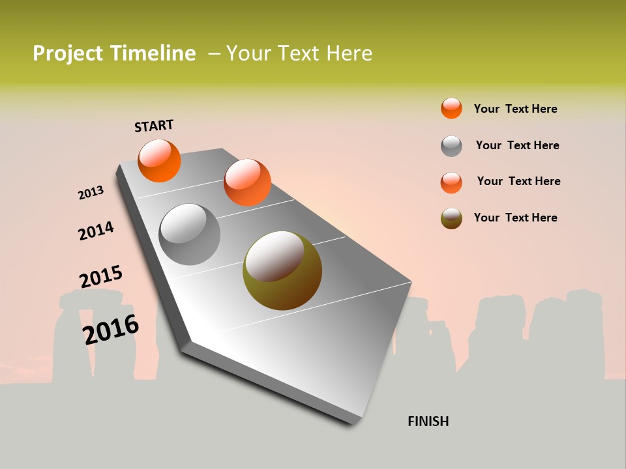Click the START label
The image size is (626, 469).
tap(154, 126)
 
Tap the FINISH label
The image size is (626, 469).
tap(428, 421)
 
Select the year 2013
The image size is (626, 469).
tap(91, 193)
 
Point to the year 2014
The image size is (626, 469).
tap(96, 231)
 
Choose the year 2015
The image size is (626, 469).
tap(100, 277)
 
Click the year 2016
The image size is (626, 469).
tap(111, 329)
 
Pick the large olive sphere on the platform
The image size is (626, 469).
tap(282, 270)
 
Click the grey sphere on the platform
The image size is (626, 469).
tap(190, 234)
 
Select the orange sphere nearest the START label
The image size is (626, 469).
tap(159, 160)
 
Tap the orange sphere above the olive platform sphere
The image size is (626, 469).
tap(247, 182)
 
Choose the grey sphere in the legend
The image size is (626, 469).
tap(451, 146)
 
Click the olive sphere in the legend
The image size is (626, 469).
tap(451, 218)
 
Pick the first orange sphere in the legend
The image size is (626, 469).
tap(451, 108)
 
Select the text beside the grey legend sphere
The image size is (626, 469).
tap(517, 145)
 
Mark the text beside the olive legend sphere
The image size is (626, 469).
tap(515, 218)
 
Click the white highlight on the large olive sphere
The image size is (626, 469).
tap(274, 255)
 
